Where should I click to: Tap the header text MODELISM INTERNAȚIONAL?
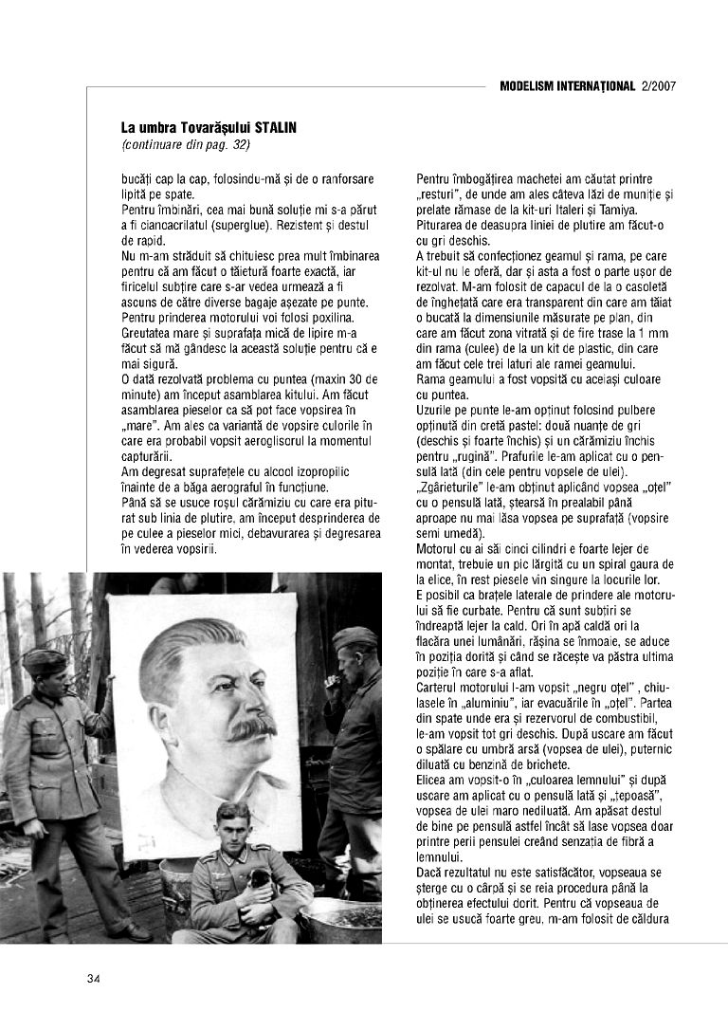click(x=567, y=85)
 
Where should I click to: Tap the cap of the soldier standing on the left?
click(x=44, y=660)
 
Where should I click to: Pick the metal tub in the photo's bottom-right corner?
click(x=340, y=919)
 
